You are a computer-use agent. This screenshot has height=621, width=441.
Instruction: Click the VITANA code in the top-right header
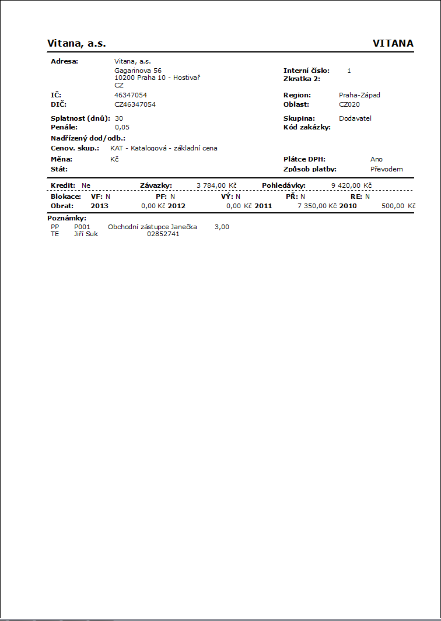(393, 44)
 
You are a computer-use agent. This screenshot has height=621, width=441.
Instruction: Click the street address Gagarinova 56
(138, 71)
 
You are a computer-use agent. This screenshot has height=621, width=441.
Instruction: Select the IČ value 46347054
(131, 95)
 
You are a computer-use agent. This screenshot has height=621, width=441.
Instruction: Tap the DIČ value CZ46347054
(135, 104)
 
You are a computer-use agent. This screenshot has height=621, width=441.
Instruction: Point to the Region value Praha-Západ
(359, 95)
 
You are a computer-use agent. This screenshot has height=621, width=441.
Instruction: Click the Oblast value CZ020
(349, 104)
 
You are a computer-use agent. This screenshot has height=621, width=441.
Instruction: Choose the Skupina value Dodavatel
(355, 118)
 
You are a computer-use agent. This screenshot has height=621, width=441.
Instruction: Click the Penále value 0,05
(122, 127)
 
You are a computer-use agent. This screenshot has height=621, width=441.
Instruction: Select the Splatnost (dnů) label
(80, 118)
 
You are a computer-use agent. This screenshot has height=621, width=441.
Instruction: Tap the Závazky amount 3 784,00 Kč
(216, 185)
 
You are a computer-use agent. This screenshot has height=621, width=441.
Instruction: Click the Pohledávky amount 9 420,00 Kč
(351, 185)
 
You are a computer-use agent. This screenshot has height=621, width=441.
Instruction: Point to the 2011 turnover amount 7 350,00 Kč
(317, 206)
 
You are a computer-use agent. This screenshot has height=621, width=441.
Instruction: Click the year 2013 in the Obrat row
(99, 206)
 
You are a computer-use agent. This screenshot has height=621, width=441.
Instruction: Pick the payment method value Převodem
(386, 169)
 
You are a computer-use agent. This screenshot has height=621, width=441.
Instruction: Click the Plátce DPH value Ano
(376, 159)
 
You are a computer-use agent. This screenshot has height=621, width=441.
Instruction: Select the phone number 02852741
(163, 234)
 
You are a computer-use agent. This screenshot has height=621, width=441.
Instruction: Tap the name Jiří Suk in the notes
(86, 234)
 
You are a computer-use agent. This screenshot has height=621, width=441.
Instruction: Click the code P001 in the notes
(82, 227)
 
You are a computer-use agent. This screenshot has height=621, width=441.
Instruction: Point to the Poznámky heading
(66, 218)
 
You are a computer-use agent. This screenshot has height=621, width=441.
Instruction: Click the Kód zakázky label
(307, 127)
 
